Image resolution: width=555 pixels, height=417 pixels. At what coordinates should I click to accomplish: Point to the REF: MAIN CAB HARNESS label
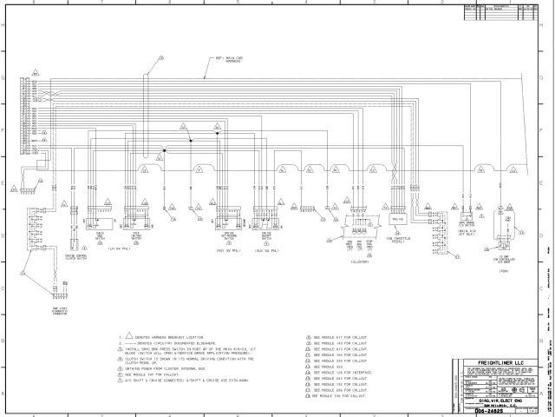pyautogui.click(x=227, y=61)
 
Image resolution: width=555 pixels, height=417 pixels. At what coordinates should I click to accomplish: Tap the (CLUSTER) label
pyautogui.click(x=357, y=258)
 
